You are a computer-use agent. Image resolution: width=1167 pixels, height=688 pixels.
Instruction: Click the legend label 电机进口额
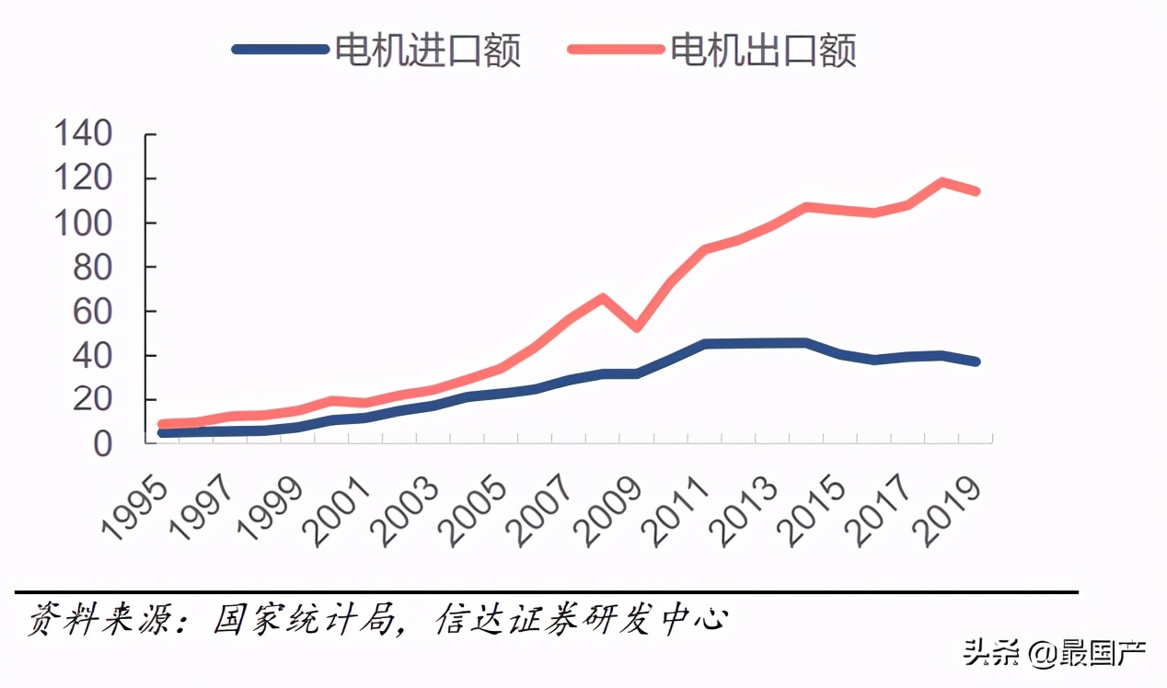click(x=428, y=50)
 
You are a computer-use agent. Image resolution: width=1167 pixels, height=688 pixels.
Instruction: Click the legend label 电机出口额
click(x=764, y=50)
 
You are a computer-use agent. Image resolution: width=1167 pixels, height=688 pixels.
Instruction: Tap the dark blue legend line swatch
click(x=281, y=50)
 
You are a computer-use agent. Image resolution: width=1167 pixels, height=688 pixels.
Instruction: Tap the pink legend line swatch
click(x=616, y=50)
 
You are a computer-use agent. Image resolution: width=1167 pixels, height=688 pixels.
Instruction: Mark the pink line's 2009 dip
click(x=636, y=327)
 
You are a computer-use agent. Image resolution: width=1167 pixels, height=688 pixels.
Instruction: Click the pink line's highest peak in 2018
click(x=942, y=182)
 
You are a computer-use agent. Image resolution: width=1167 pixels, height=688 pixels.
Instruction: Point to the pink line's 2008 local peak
click(x=602, y=297)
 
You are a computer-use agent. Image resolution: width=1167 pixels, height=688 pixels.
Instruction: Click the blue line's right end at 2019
click(x=976, y=361)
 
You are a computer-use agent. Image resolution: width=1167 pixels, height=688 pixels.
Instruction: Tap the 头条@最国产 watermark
click(x=1054, y=654)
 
